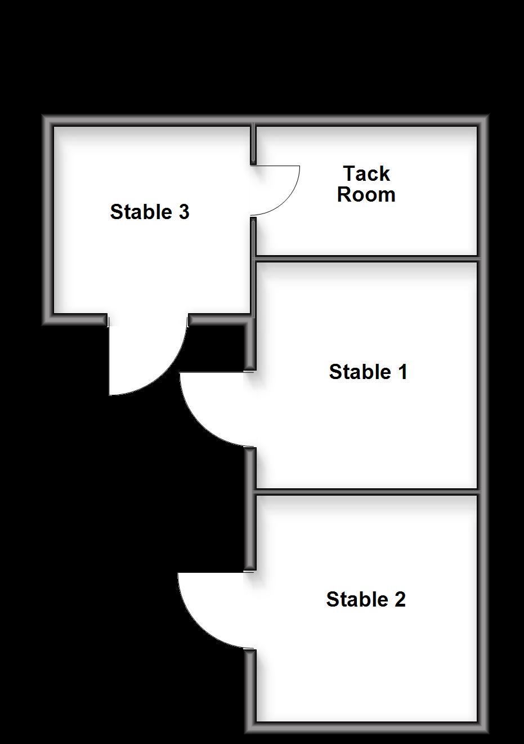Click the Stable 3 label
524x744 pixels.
[150, 212]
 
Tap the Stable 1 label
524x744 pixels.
[368, 372]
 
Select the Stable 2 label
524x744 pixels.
[366, 599]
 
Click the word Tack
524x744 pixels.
[366, 173]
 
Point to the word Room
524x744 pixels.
[366, 195]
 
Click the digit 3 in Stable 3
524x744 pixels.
[183, 212]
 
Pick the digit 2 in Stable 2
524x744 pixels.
[400, 599]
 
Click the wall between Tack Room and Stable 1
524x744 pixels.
[366, 259]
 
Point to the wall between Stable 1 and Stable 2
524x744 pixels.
[366, 492]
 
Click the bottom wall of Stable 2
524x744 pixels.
[366, 726]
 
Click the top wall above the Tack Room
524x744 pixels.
[366, 121]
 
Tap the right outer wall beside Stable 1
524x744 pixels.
[482, 372]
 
